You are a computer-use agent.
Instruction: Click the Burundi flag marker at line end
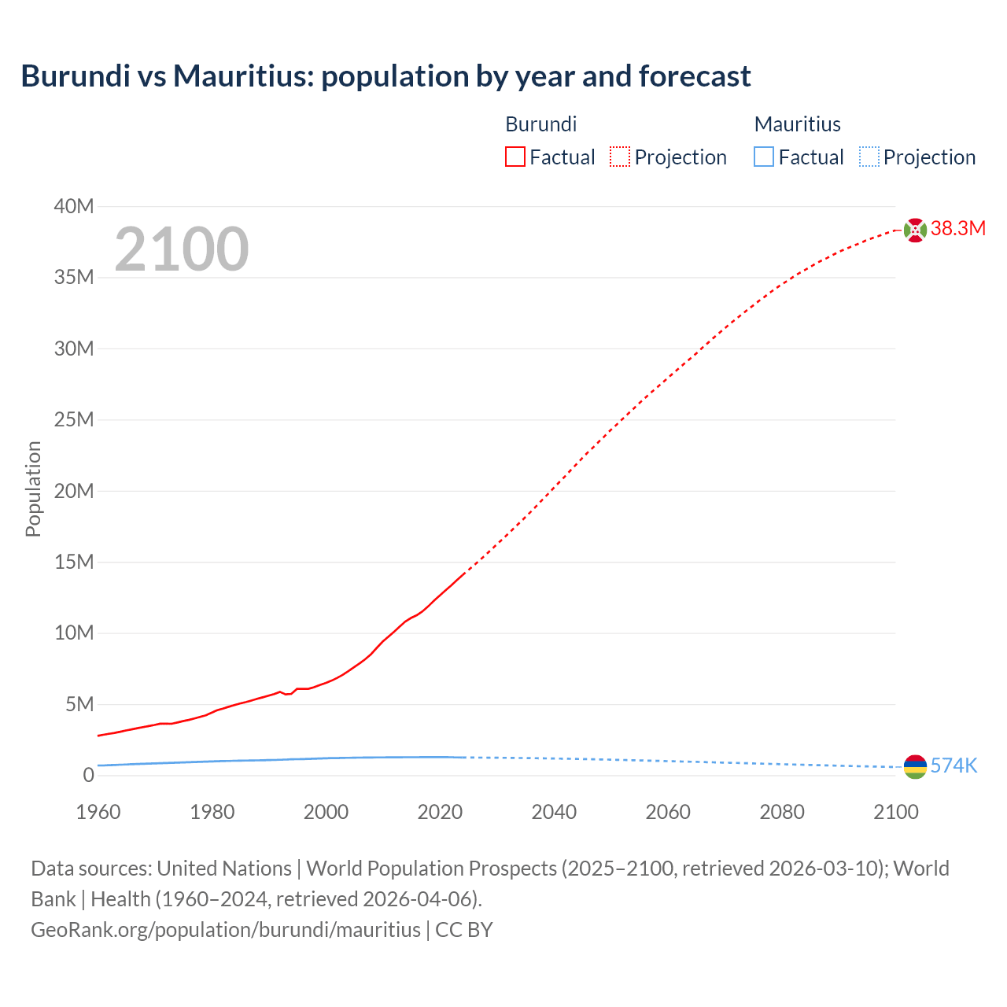pyautogui.click(x=915, y=230)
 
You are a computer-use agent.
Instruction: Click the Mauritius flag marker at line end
pyautogui.click(x=915, y=766)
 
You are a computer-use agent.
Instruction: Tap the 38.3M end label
pyautogui.click(x=957, y=229)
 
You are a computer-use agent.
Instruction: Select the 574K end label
pyautogui.click(x=954, y=766)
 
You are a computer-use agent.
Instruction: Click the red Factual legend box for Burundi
pyautogui.click(x=515, y=157)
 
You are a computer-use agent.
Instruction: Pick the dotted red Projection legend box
pyautogui.click(x=620, y=157)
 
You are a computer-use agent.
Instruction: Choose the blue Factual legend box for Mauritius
pyautogui.click(x=763, y=157)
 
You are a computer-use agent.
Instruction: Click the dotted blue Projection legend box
pyautogui.click(x=869, y=157)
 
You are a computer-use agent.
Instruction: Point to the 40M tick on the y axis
pyautogui.click(x=74, y=207)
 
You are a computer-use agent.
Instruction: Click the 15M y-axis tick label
pyautogui.click(x=74, y=563)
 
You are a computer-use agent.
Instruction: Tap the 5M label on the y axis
pyautogui.click(x=79, y=704)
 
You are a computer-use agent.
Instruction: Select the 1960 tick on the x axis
pyautogui.click(x=98, y=812)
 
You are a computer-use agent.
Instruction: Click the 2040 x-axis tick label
pyautogui.click(x=554, y=812)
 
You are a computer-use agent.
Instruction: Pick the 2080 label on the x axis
pyautogui.click(x=782, y=812)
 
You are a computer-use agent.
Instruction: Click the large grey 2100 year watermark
pyautogui.click(x=182, y=249)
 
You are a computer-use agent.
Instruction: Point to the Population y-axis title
pyautogui.click(x=33, y=489)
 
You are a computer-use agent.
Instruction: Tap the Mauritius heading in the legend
pyautogui.click(x=797, y=124)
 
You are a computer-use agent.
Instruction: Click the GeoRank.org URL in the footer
pyautogui.click(x=226, y=930)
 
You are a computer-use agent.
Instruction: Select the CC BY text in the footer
pyautogui.click(x=464, y=930)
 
